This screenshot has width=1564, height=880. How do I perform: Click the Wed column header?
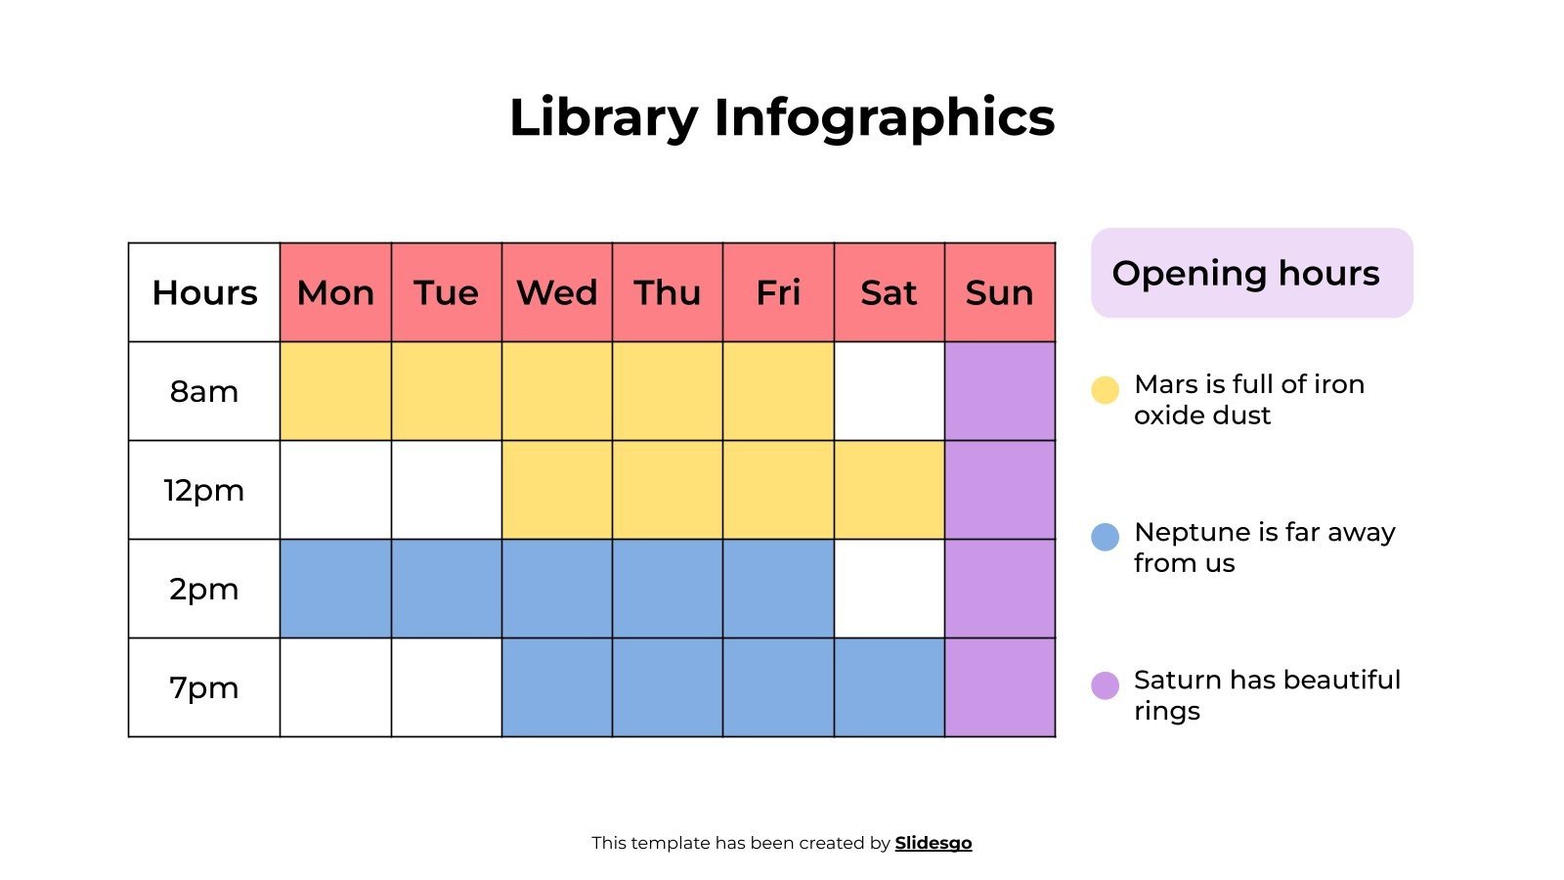[x=556, y=292]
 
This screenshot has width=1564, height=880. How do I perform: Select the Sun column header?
[x=999, y=292]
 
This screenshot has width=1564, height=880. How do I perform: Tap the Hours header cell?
[x=204, y=292]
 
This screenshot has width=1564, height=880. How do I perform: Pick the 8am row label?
[x=204, y=391]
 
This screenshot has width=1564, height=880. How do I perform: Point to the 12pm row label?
[x=204, y=490]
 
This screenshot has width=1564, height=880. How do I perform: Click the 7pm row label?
[x=204, y=687]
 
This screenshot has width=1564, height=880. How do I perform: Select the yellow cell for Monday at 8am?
[x=335, y=391]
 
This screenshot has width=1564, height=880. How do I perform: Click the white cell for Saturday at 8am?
[x=889, y=391]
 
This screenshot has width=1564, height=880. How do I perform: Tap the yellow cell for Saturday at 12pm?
[x=889, y=490]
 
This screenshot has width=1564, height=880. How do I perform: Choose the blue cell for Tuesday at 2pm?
[x=446, y=589]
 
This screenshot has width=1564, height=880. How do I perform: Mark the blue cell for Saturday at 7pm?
[x=889, y=687]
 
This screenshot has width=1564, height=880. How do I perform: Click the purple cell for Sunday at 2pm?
[x=999, y=589]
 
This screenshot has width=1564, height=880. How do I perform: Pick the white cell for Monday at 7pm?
[x=335, y=687]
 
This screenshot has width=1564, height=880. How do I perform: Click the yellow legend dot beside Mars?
[x=1105, y=390]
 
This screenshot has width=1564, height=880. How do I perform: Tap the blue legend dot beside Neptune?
[x=1105, y=537]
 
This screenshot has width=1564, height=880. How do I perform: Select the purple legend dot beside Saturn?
[x=1105, y=685]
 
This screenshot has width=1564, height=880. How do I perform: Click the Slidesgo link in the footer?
[x=933, y=843]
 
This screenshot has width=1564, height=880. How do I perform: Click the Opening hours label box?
[x=1251, y=273]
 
